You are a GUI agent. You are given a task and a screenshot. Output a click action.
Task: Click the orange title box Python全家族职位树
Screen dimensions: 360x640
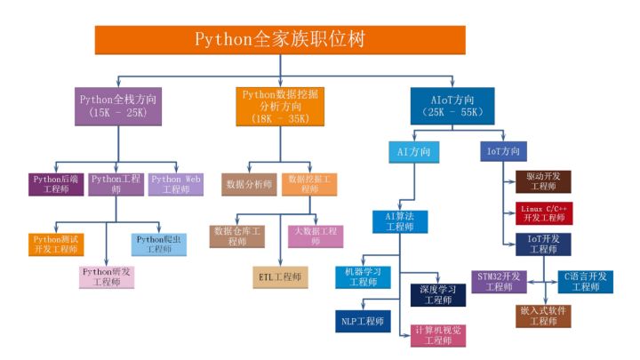280,40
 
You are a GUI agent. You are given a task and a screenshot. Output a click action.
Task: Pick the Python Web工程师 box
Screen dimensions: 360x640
176,184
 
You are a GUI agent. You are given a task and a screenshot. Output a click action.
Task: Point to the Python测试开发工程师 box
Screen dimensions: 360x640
55,244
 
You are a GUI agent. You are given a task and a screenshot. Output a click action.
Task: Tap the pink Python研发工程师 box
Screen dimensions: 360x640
107,276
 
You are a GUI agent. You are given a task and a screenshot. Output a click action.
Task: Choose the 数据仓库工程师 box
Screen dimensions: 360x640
237,236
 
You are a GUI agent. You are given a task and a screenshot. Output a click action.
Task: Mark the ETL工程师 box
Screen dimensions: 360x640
280,277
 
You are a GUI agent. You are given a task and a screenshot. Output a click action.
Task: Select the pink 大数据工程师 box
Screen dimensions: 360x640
316,236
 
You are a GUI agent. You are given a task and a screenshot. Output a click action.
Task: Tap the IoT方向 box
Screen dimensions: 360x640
504,152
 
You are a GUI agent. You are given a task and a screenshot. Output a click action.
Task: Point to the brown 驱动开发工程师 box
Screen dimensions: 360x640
543,181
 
